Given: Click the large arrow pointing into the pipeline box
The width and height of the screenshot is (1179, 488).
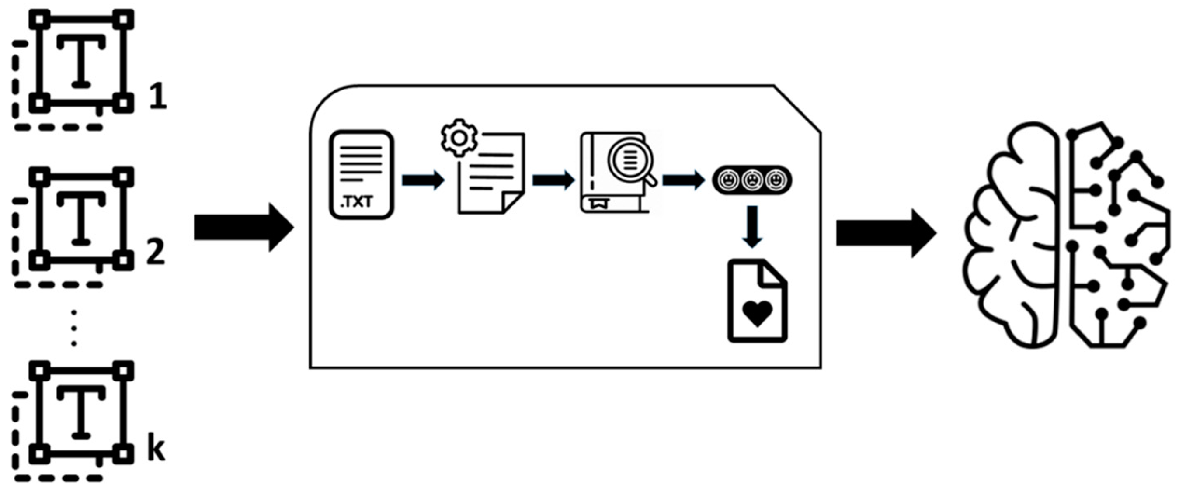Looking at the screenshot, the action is [x=243, y=227].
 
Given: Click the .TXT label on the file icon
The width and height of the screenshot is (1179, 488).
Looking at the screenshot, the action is [x=358, y=201].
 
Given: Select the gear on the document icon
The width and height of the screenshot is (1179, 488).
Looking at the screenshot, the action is [x=459, y=138].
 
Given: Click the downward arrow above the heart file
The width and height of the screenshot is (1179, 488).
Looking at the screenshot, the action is [x=752, y=227].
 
